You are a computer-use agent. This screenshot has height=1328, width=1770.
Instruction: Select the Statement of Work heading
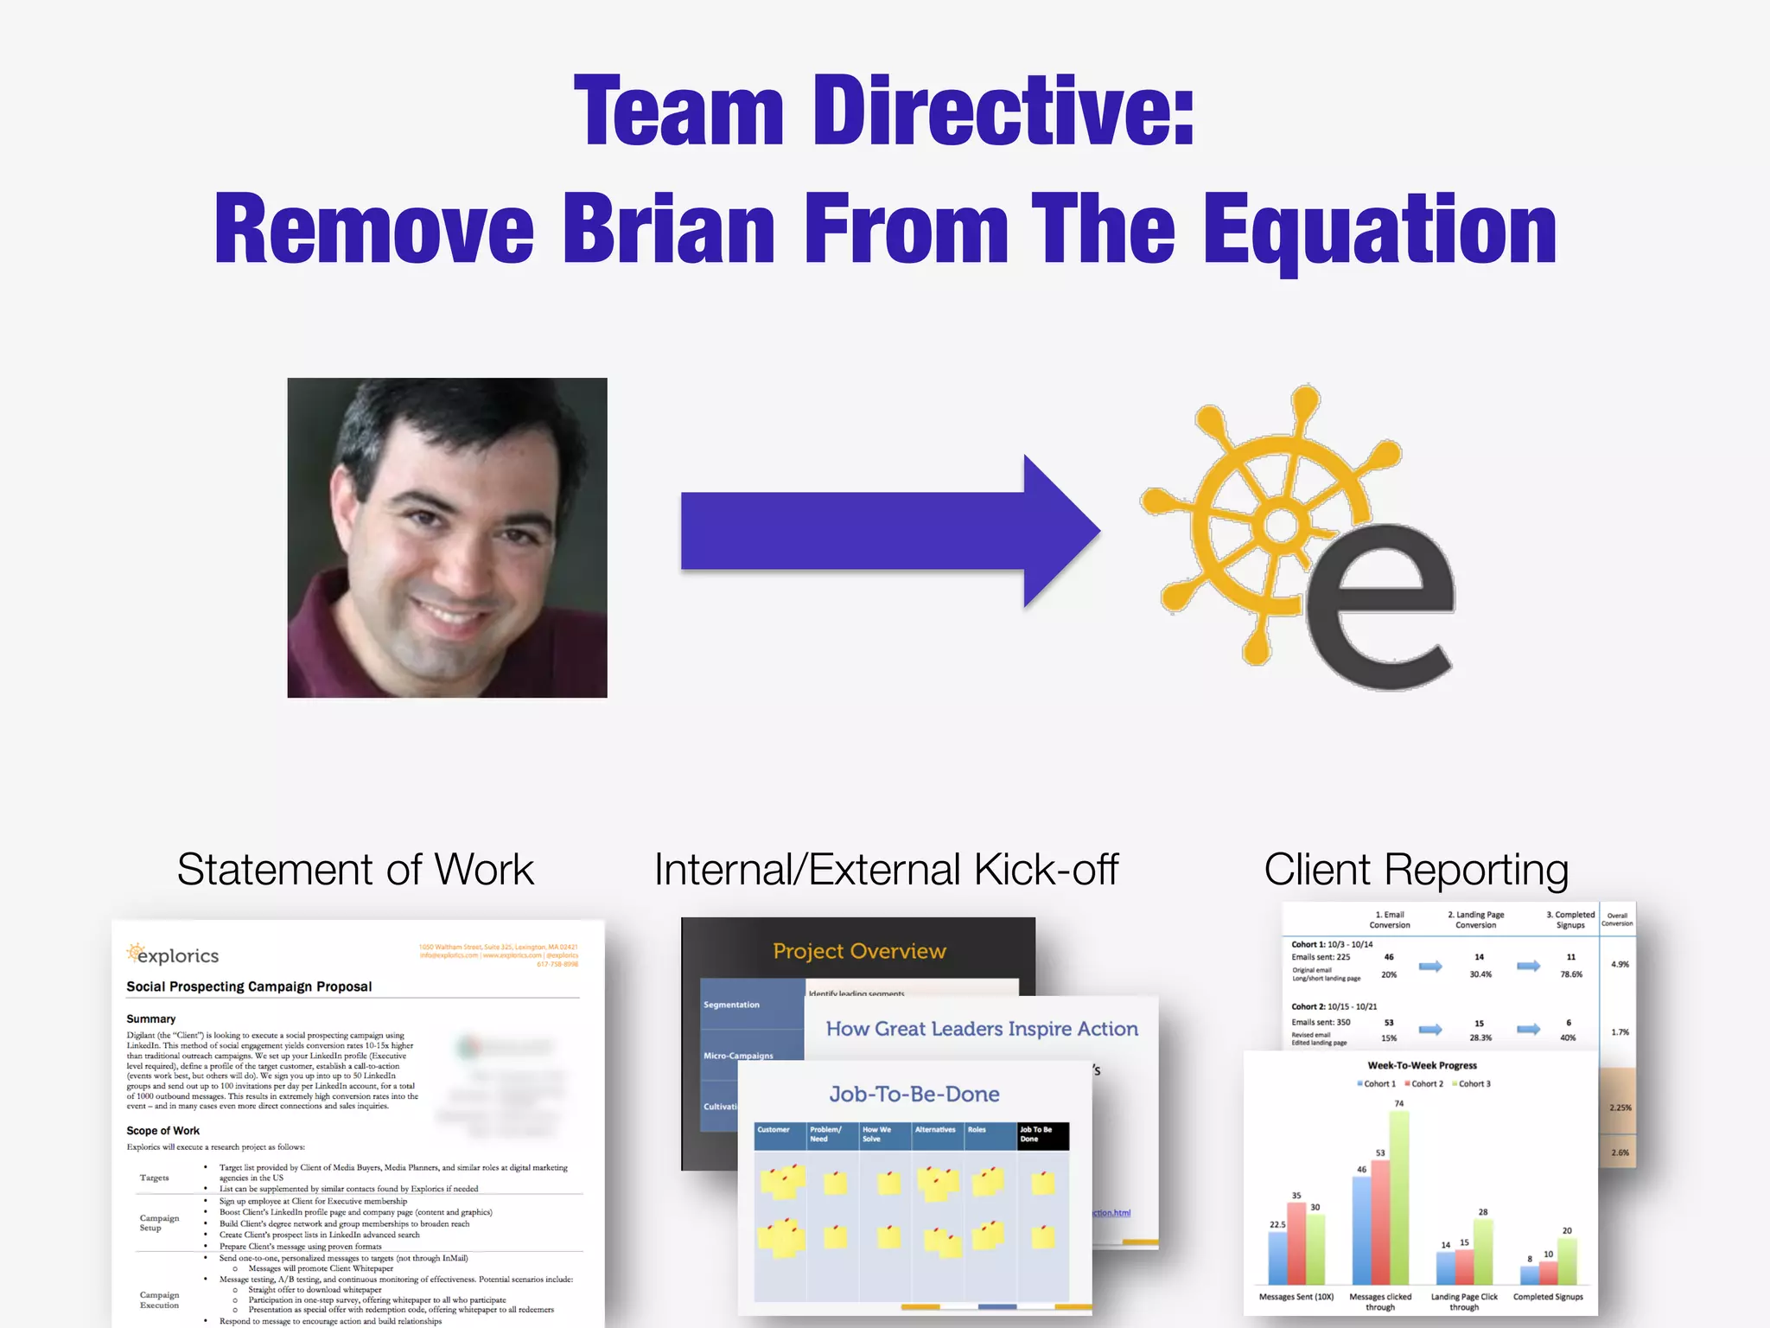tap(355, 870)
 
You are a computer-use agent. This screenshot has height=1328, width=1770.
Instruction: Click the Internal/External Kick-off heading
tap(886, 870)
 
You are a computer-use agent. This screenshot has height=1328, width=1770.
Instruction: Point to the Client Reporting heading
tap(1416, 870)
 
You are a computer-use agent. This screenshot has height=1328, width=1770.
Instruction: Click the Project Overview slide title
tap(859, 951)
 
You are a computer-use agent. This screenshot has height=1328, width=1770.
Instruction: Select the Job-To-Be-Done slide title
tap(914, 1095)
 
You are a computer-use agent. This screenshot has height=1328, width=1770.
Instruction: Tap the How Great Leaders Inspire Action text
tap(982, 1029)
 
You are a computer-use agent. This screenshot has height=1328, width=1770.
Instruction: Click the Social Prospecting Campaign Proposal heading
tap(249, 986)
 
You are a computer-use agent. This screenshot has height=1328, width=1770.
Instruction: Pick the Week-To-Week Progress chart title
tap(1422, 1065)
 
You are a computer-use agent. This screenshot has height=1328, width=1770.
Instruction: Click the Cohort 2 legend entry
tap(1424, 1084)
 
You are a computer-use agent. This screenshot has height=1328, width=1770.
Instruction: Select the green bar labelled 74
tap(1398, 1197)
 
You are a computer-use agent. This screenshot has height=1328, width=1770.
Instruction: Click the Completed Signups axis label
tap(1548, 1297)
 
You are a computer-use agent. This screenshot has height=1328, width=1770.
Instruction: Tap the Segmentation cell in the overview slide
tap(732, 1005)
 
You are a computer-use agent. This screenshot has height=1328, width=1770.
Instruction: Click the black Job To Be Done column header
tap(1042, 1135)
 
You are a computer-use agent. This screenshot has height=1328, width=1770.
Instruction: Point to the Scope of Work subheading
tap(162, 1131)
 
